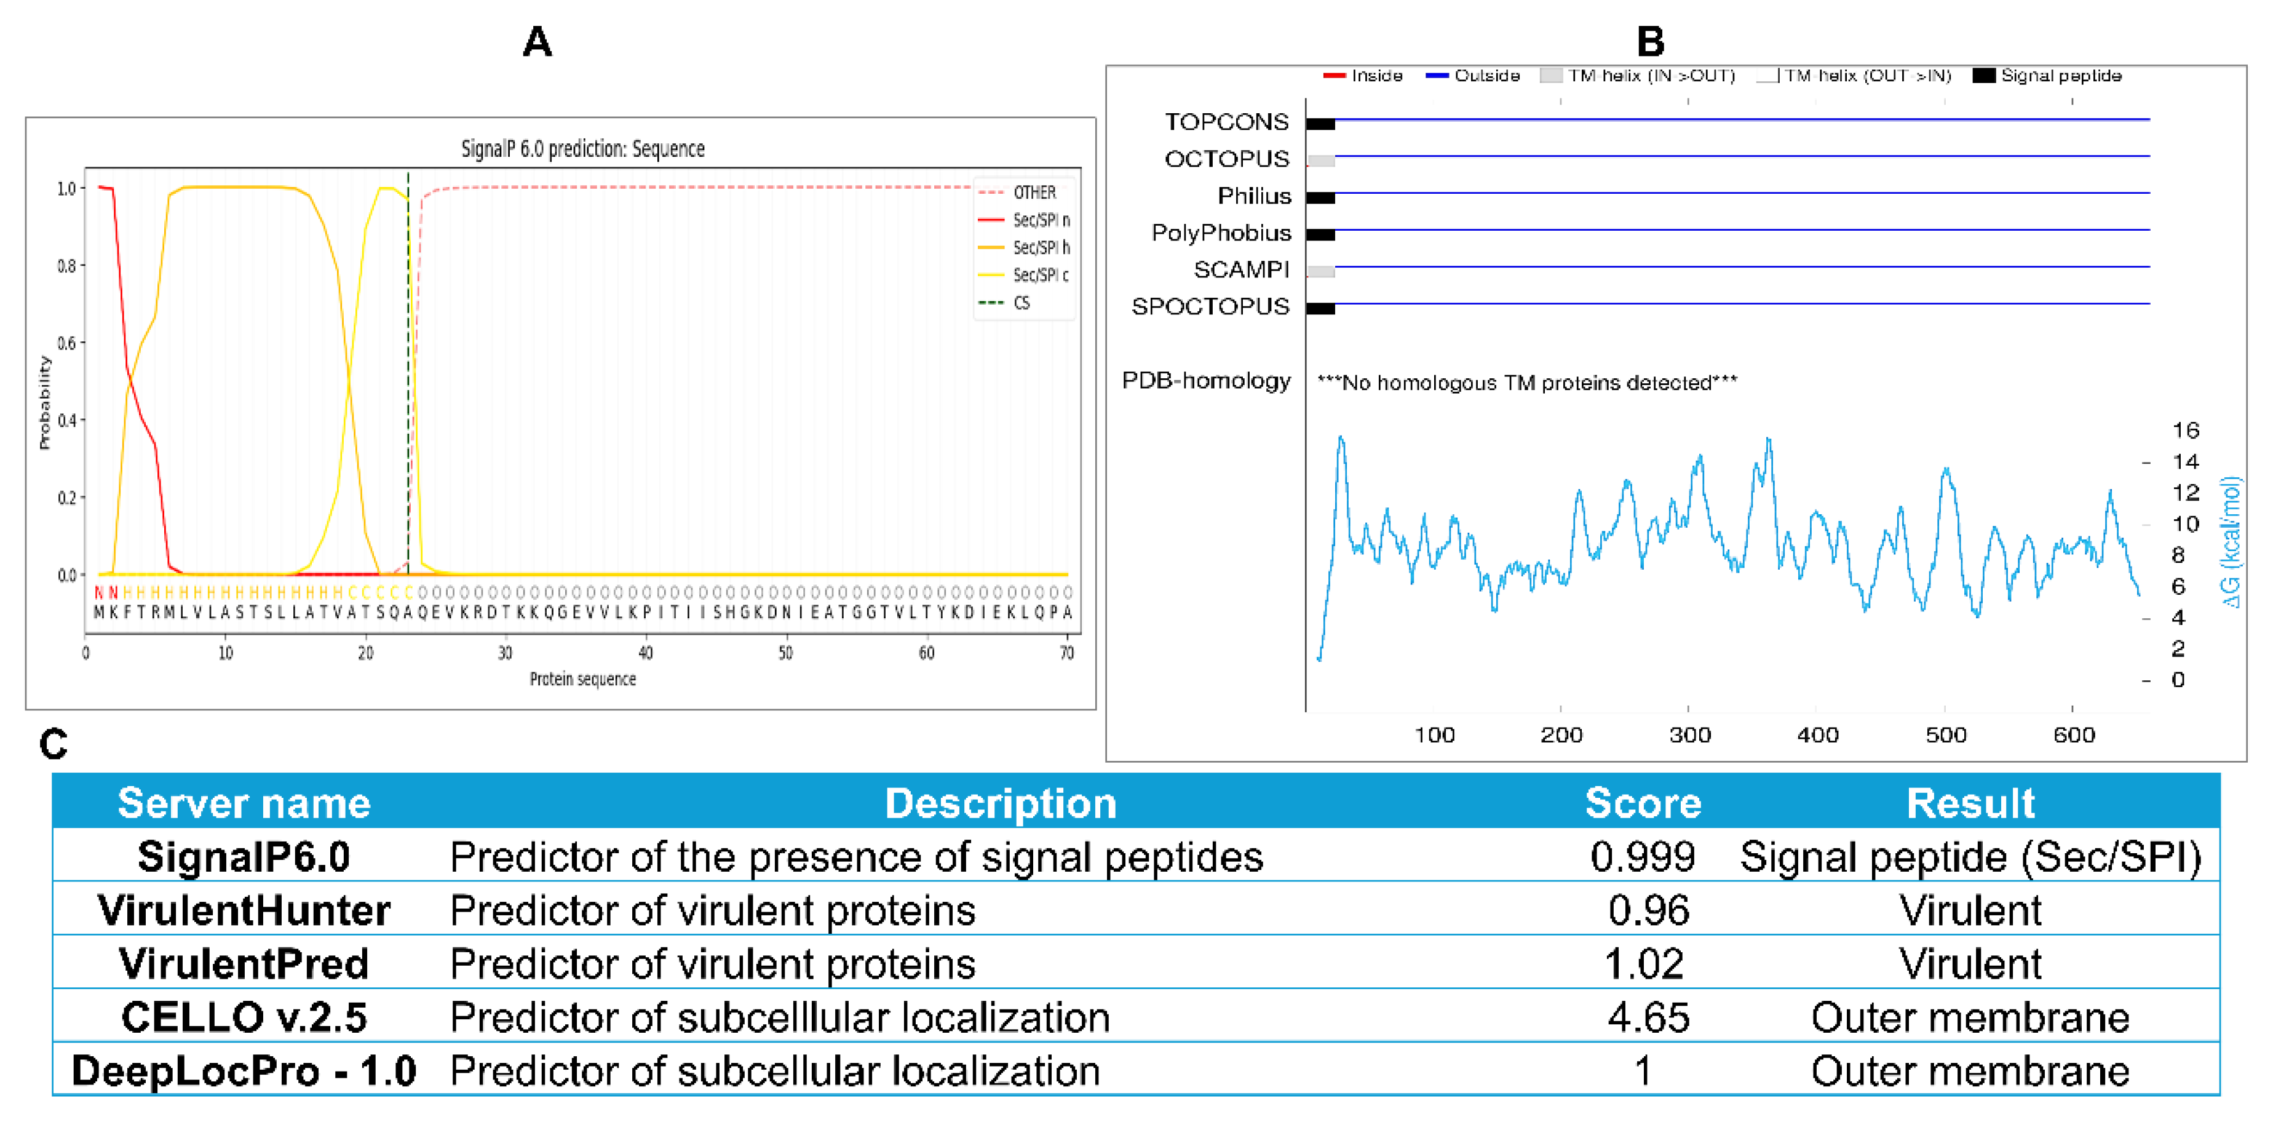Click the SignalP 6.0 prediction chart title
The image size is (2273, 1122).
pyautogui.click(x=582, y=148)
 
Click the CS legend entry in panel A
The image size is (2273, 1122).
pyautogui.click(x=1021, y=303)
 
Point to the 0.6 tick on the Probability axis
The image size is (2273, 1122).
pyautogui.click(x=67, y=343)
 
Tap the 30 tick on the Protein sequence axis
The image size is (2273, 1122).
pyautogui.click(x=505, y=653)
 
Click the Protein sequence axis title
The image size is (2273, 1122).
pyautogui.click(x=582, y=679)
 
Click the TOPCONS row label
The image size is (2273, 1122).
pyautogui.click(x=1226, y=122)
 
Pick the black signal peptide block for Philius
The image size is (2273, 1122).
pyautogui.click(x=1320, y=197)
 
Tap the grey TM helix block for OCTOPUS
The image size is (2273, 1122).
pyautogui.click(x=1320, y=161)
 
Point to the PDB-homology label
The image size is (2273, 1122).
pyautogui.click(x=1205, y=381)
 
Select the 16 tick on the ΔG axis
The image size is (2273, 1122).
pyautogui.click(x=2185, y=431)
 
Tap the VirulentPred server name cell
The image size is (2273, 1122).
pyautogui.click(x=244, y=964)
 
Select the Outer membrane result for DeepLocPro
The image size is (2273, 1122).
pyautogui.click(x=1969, y=1072)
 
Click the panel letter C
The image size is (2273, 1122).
pyautogui.click(x=53, y=744)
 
